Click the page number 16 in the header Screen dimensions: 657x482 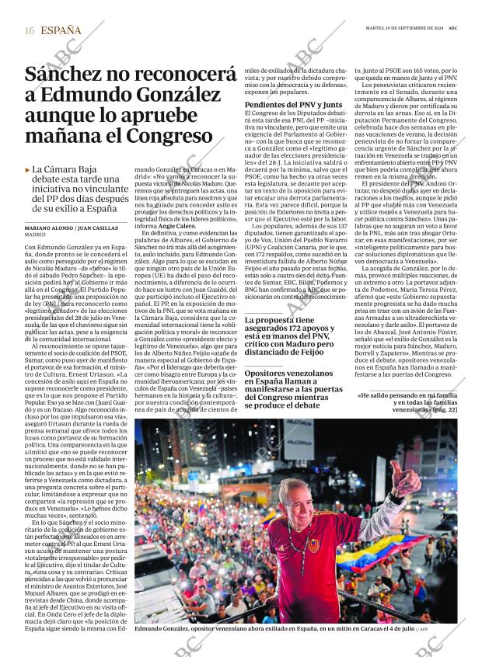coord(29,30)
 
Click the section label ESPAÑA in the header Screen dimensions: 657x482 coord(61,30)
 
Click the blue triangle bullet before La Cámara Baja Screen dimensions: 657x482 coord(28,169)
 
